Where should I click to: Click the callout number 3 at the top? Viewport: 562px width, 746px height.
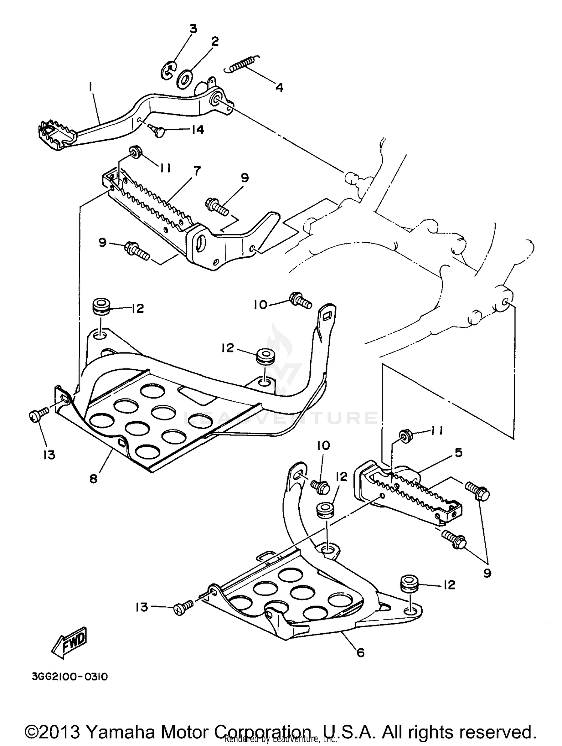[x=193, y=29]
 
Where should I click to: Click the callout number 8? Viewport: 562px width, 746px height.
[x=93, y=478]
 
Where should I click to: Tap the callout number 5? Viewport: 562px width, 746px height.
[x=459, y=452]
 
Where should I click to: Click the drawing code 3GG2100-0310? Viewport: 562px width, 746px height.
[x=70, y=677]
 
